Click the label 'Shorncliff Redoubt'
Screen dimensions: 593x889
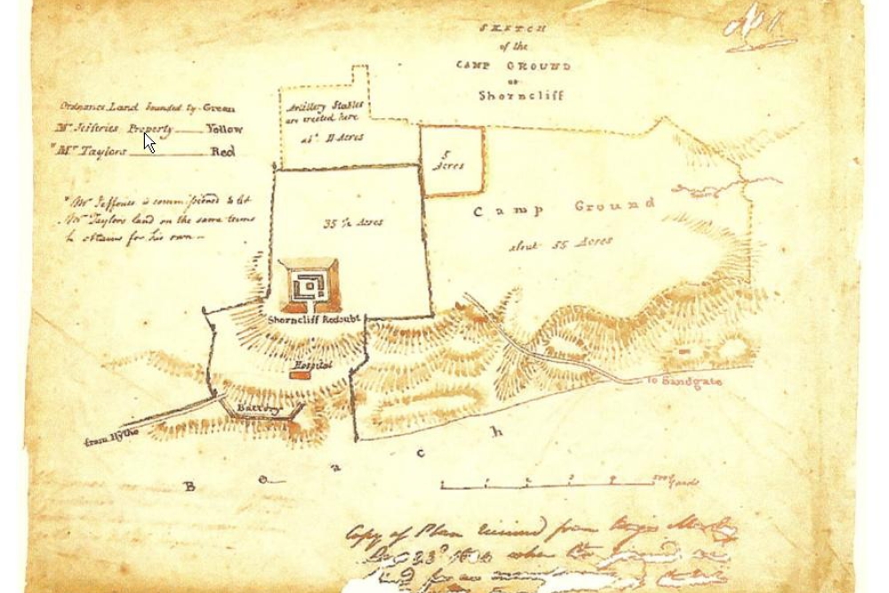point(307,317)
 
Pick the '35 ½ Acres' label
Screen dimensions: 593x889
point(354,222)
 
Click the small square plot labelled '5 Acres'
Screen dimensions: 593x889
point(452,160)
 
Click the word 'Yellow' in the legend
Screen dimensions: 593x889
point(224,129)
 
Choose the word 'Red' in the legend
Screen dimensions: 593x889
point(222,152)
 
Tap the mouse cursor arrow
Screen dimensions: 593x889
point(149,142)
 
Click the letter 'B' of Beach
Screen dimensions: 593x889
point(188,486)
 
